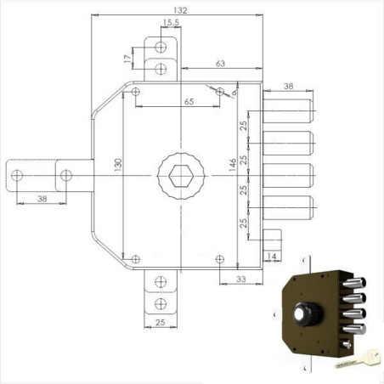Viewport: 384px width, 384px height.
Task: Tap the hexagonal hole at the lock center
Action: pyautogui.click(x=179, y=176)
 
